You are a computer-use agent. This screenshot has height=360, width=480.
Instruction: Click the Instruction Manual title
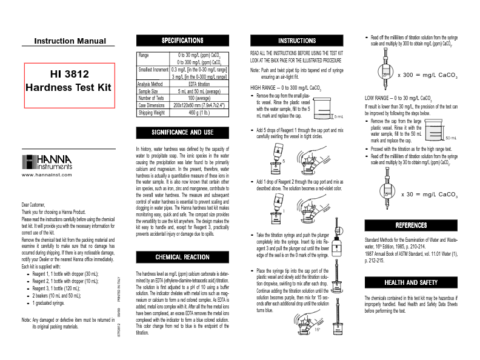(70, 41)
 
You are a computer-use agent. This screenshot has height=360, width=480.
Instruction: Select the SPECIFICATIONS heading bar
(182, 41)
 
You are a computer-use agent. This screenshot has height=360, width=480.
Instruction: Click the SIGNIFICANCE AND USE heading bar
(182, 132)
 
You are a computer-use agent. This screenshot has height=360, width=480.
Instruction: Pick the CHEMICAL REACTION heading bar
(182, 257)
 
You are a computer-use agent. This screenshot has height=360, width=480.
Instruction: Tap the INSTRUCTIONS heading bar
(297, 41)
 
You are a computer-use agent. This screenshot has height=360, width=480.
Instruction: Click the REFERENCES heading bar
(411, 225)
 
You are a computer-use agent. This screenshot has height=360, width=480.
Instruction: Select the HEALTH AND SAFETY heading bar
(411, 283)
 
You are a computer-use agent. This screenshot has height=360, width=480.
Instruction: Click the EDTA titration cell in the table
(199, 84)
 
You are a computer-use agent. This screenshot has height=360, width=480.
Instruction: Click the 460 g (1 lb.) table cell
(199, 112)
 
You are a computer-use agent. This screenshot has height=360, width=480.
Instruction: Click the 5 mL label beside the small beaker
(339, 115)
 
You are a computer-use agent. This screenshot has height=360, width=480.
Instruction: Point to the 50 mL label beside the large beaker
(451, 138)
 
